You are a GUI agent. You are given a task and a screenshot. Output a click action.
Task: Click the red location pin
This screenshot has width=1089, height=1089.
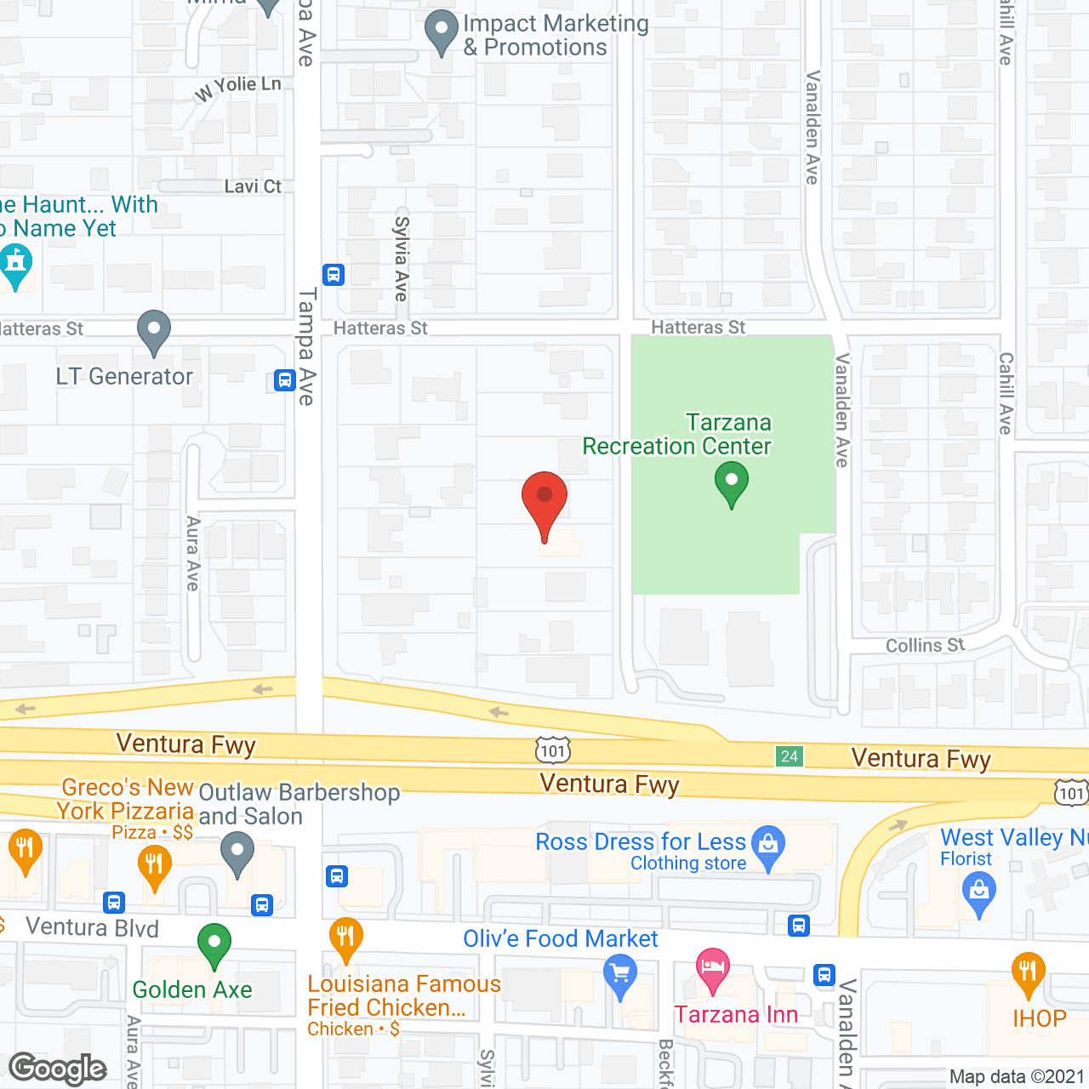click(544, 499)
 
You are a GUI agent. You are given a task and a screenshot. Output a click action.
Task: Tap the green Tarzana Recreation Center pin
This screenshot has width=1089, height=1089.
click(731, 482)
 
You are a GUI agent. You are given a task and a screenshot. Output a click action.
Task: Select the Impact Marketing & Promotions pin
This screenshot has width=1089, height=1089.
click(441, 31)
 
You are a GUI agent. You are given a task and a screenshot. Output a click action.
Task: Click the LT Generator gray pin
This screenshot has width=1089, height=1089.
click(153, 330)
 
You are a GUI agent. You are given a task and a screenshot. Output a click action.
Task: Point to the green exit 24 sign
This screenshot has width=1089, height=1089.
click(789, 756)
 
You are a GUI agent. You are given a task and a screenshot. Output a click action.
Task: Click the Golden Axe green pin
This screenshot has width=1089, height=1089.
click(214, 944)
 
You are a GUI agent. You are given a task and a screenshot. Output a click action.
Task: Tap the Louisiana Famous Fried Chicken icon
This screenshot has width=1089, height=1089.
click(345, 938)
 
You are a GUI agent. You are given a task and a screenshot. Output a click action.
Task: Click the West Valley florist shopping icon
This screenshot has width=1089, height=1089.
click(978, 893)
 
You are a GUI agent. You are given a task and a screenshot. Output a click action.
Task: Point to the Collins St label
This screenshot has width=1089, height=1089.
click(925, 646)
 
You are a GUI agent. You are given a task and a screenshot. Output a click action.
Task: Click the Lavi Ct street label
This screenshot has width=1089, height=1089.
click(253, 186)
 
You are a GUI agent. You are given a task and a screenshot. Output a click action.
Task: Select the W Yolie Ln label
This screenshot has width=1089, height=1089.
click(237, 87)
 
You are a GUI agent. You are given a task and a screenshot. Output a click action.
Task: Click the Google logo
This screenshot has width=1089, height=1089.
click(58, 1069)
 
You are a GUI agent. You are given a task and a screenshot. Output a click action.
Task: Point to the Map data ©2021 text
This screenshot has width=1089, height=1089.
click(1017, 1077)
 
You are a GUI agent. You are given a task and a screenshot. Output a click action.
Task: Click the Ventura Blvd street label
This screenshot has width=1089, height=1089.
click(92, 927)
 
